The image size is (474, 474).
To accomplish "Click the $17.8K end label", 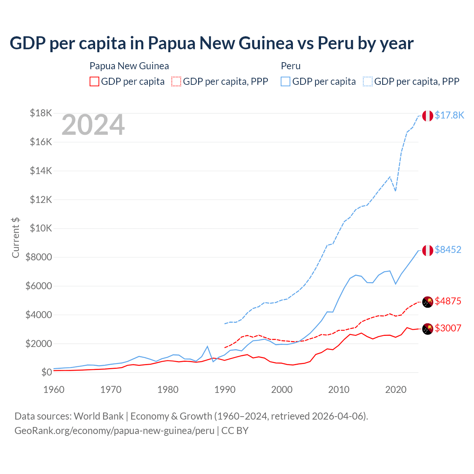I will click(x=449, y=115).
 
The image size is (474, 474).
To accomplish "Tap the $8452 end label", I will click(x=448, y=250).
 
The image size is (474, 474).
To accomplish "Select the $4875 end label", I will click(x=448, y=301).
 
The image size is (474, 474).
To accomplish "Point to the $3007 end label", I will click(x=448, y=328).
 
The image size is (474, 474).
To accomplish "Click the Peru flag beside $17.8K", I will click(x=428, y=116).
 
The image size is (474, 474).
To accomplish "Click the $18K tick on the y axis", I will click(x=41, y=113).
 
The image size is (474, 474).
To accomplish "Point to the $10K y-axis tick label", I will click(x=41, y=228).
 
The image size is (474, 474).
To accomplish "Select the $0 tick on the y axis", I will click(x=46, y=372).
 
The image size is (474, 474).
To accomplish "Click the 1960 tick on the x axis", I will click(x=54, y=390).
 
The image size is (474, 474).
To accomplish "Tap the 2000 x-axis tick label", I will click(x=282, y=390).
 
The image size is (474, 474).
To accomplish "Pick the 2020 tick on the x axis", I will click(x=396, y=390).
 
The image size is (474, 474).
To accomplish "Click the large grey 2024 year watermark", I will click(x=93, y=125).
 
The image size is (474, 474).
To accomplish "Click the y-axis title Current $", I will click(x=16, y=238).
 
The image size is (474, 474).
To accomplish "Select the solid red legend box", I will click(x=94, y=81).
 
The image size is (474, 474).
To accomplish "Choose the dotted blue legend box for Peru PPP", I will click(x=368, y=81).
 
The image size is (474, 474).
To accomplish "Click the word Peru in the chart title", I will click(x=336, y=43).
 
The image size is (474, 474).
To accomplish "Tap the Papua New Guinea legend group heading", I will click(x=129, y=66).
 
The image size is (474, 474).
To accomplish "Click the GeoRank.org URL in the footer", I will click(x=114, y=431).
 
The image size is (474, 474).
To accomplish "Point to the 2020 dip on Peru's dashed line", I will click(x=395, y=191).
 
